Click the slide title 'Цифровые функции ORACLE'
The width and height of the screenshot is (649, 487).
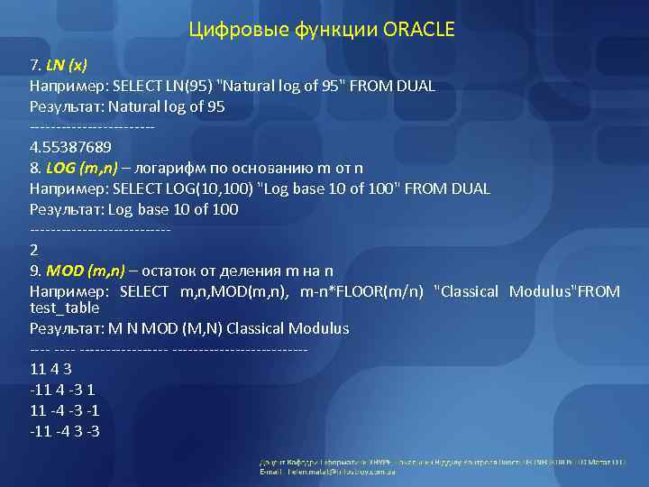pos(323,31)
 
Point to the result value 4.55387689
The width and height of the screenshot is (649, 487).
pos(70,147)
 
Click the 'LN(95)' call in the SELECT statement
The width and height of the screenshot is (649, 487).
pos(187,87)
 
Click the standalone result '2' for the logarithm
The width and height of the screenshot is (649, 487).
pos(34,249)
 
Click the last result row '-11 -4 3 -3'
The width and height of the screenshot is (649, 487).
pos(64,430)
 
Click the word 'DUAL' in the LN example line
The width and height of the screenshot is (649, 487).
pos(415,87)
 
